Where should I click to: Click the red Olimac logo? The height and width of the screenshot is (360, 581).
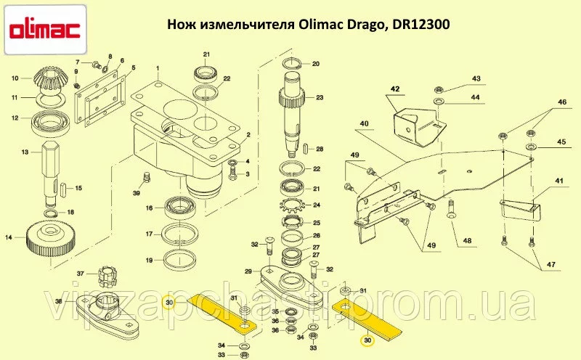coord(44,30)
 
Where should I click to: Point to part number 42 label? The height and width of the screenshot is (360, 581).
coord(395,89)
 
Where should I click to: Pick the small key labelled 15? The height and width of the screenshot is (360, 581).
coord(64,188)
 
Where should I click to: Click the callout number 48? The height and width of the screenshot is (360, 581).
coord(467,241)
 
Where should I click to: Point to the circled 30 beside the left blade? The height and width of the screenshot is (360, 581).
coord(169,303)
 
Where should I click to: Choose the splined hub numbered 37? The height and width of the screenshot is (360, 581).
coord(107,276)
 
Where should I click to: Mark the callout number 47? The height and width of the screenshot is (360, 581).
coord(551,265)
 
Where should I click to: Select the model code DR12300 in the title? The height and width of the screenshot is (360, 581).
coord(419,25)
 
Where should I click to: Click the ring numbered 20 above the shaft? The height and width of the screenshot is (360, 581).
coord(293,64)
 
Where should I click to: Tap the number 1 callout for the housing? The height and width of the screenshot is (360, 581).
coord(158,68)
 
